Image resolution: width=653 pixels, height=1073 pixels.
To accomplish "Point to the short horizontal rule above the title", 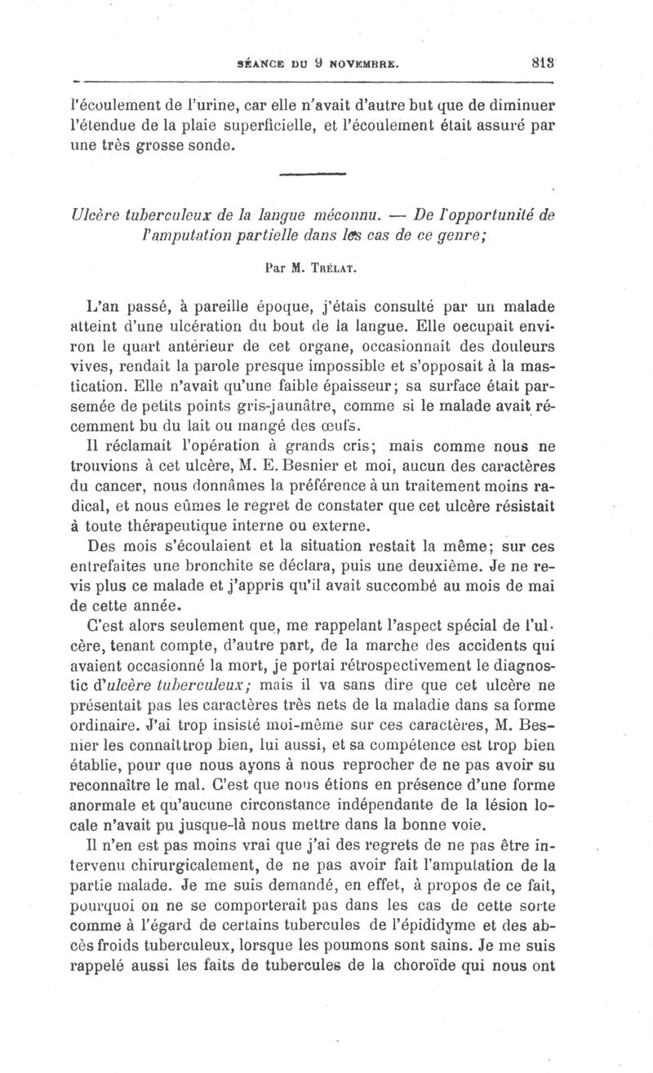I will [x=313, y=173].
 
